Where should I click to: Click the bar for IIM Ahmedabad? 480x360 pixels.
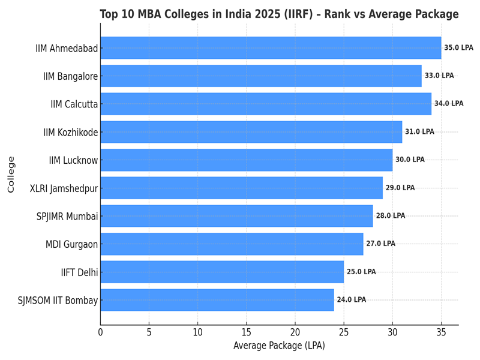point(271,48)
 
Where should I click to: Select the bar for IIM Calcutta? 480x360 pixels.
point(266,104)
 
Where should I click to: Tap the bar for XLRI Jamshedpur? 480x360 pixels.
point(241,188)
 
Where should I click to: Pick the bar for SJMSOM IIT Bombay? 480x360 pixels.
point(217,300)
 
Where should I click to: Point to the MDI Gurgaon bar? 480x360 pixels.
point(232,244)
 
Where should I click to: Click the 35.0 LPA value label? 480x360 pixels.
point(458,48)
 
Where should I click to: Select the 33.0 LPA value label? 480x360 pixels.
point(439,76)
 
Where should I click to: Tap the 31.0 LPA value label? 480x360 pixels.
point(419,132)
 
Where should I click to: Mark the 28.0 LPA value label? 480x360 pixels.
point(391,216)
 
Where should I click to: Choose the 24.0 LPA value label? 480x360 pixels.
point(351,300)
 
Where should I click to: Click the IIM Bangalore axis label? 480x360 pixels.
point(70,76)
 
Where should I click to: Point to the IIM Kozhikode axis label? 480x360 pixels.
point(70,132)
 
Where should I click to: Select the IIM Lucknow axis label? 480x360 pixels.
point(73,160)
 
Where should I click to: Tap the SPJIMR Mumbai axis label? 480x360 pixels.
point(67,216)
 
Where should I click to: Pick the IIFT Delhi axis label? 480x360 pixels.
point(79,272)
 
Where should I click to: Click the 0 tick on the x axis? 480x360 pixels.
point(100,332)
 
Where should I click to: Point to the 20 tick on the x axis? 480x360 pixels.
point(295,332)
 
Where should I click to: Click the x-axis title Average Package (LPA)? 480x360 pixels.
point(279,346)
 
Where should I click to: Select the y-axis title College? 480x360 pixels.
point(11,174)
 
